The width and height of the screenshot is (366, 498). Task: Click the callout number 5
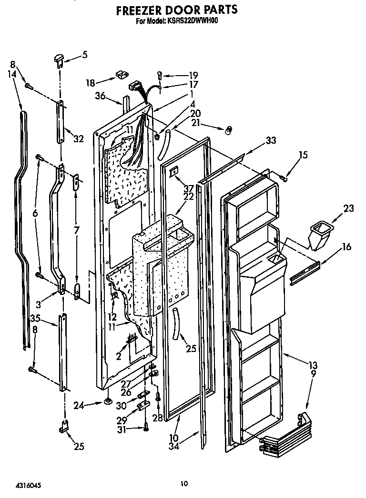pyautogui.click(x=84, y=55)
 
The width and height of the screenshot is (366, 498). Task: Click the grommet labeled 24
pyautogui.click(x=107, y=403)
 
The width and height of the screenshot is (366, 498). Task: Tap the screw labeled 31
pyautogui.click(x=145, y=428)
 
